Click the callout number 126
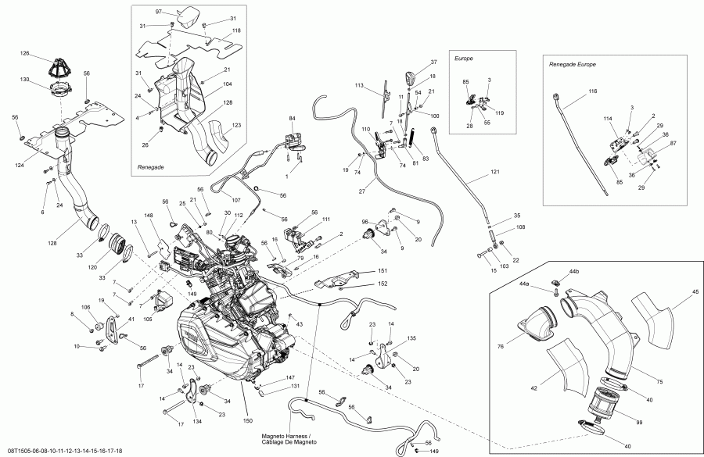click(x=25, y=53)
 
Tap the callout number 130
click(x=25, y=80)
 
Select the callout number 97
click(x=159, y=12)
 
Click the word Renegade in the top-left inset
click(x=151, y=166)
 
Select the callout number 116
click(x=592, y=91)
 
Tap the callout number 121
click(x=494, y=171)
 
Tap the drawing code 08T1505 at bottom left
click(x=18, y=451)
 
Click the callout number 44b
click(x=575, y=271)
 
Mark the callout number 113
click(x=360, y=85)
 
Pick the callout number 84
click(x=293, y=118)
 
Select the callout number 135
click(x=411, y=340)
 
